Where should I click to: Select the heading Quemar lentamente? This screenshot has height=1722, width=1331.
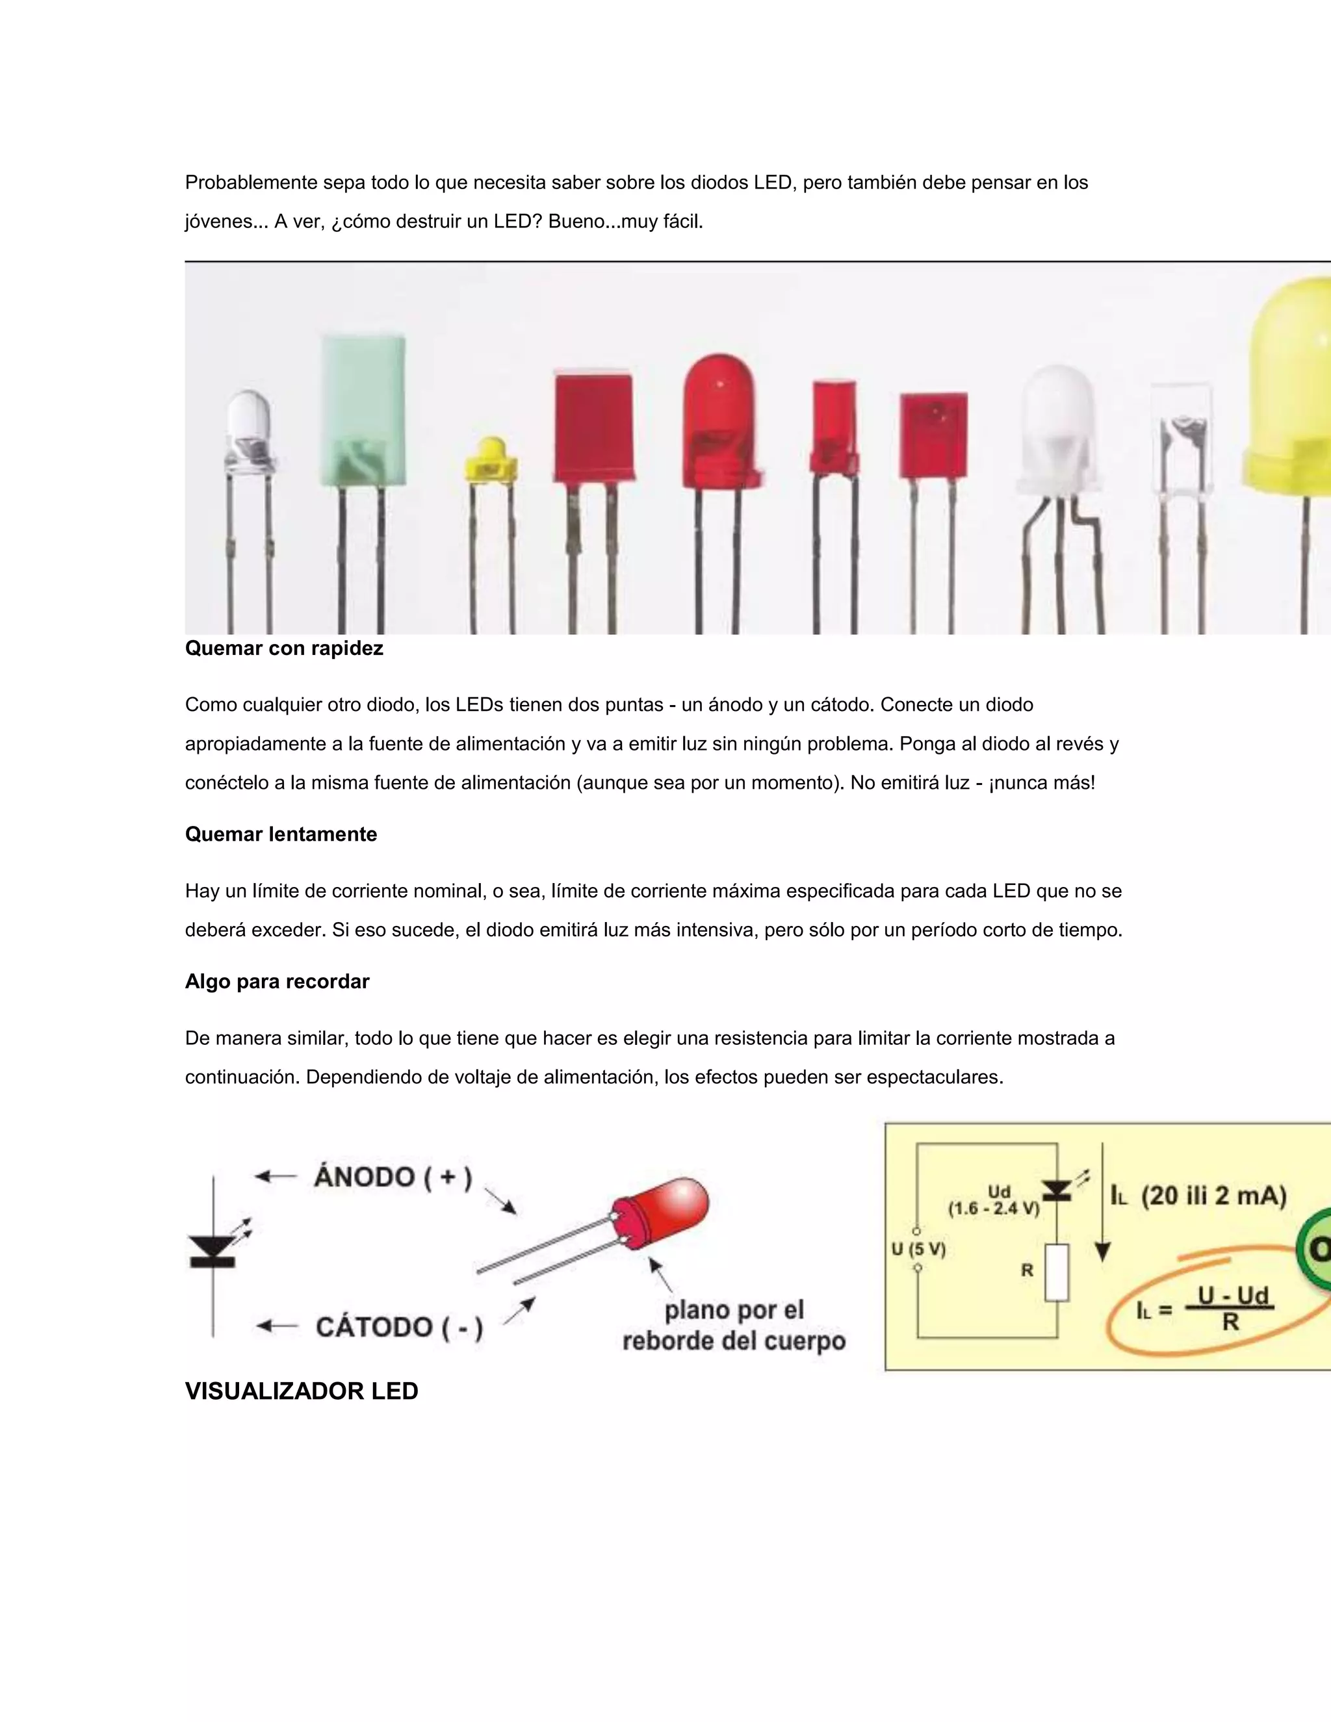point(281,834)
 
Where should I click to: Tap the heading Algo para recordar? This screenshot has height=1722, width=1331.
point(277,982)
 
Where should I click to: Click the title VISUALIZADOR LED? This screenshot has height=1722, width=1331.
point(301,1391)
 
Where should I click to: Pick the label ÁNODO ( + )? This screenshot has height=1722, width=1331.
point(393,1177)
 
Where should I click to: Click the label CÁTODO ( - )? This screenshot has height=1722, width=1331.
point(399,1327)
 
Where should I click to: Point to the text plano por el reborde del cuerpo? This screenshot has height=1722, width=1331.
point(733,1326)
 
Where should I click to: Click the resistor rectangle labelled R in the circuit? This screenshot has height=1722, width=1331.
point(1057,1272)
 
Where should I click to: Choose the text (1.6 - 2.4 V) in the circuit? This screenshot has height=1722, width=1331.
point(994,1208)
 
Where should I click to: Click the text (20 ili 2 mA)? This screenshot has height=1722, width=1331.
point(1213,1196)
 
